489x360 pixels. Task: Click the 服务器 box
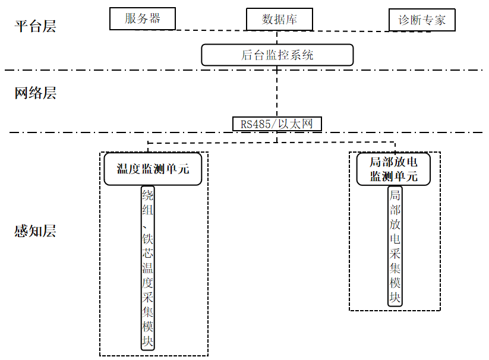click(x=143, y=18)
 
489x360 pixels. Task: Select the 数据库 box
click(x=279, y=19)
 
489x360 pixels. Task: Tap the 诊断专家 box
click(x=421, y=20)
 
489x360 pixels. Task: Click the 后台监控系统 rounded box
click(x=277, y=55)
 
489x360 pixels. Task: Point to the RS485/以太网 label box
click(x=277, y=124)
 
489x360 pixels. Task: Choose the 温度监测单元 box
click(x=153, y=169)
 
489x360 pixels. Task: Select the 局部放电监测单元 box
click(x=393, y=169)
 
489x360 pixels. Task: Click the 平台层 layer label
click(x=35, y=26)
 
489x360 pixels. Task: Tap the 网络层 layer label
click(x=35, y=93)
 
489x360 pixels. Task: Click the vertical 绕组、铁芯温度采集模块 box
click(x=148, y=269)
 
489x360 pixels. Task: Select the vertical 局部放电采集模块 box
click(x=395, y=247)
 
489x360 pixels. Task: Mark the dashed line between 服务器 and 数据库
click(x=211, y=30)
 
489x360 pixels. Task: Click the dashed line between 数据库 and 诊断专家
click(x=351, y=30)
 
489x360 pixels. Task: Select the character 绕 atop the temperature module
click(x=148, y=196)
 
